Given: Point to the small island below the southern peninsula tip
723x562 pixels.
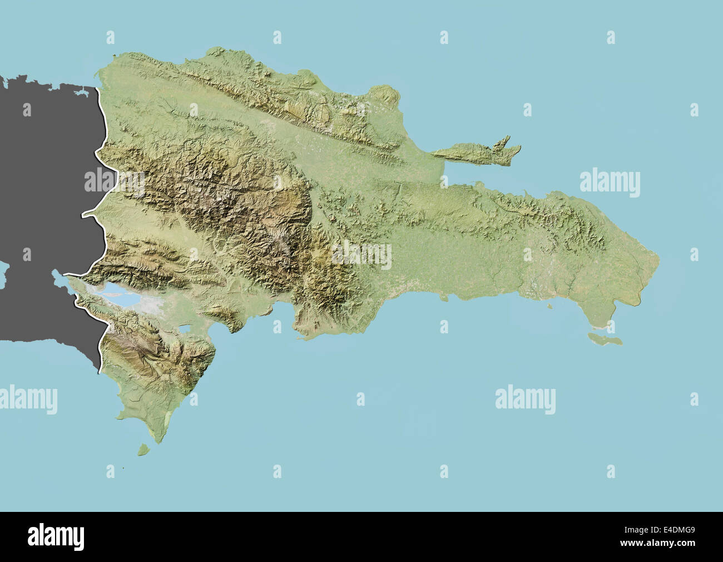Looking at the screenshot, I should [143, 448].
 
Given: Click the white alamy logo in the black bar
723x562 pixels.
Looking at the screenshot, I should [56, 536].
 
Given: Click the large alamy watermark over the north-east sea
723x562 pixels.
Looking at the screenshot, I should [610, 183].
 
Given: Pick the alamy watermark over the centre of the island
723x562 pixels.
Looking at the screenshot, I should [361, 254].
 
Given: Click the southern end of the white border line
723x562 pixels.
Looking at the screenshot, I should [99, 372].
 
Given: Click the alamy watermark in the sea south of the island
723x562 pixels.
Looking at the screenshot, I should [525, 398].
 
